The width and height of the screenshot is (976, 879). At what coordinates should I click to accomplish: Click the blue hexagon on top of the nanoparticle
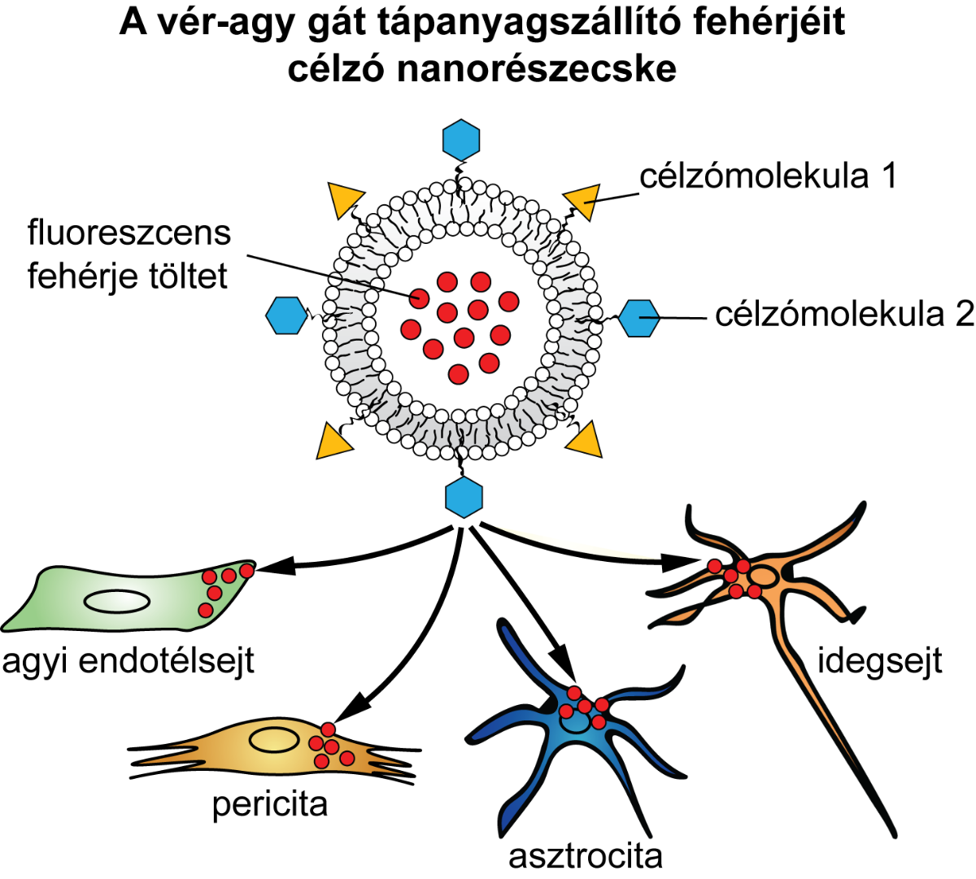(461, 140)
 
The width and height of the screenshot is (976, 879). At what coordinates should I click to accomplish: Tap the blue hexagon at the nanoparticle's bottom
(464, 497)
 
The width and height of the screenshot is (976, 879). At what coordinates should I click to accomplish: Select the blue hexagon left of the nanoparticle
(285, 315)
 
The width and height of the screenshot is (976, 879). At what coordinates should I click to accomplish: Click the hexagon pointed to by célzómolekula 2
(639, 317)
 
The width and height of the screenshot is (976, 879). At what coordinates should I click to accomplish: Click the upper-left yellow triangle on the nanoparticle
(345, 200)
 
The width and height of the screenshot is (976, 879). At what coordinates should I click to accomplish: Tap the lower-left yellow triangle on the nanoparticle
(333, 441)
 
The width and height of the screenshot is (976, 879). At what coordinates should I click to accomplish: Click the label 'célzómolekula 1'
(768, 176)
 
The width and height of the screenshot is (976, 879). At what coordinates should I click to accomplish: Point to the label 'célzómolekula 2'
(844, 315)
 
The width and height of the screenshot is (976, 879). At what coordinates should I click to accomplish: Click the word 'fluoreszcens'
(129, 233)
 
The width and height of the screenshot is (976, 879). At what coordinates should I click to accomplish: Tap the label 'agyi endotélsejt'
(128, 661)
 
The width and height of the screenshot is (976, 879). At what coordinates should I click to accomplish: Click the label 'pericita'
(270, 804)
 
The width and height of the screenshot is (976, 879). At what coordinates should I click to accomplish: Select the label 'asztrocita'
(586, 855)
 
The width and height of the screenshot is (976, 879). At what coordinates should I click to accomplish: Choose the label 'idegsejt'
(879, 660)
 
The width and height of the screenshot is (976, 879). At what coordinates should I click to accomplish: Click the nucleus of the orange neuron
(762, 577)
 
